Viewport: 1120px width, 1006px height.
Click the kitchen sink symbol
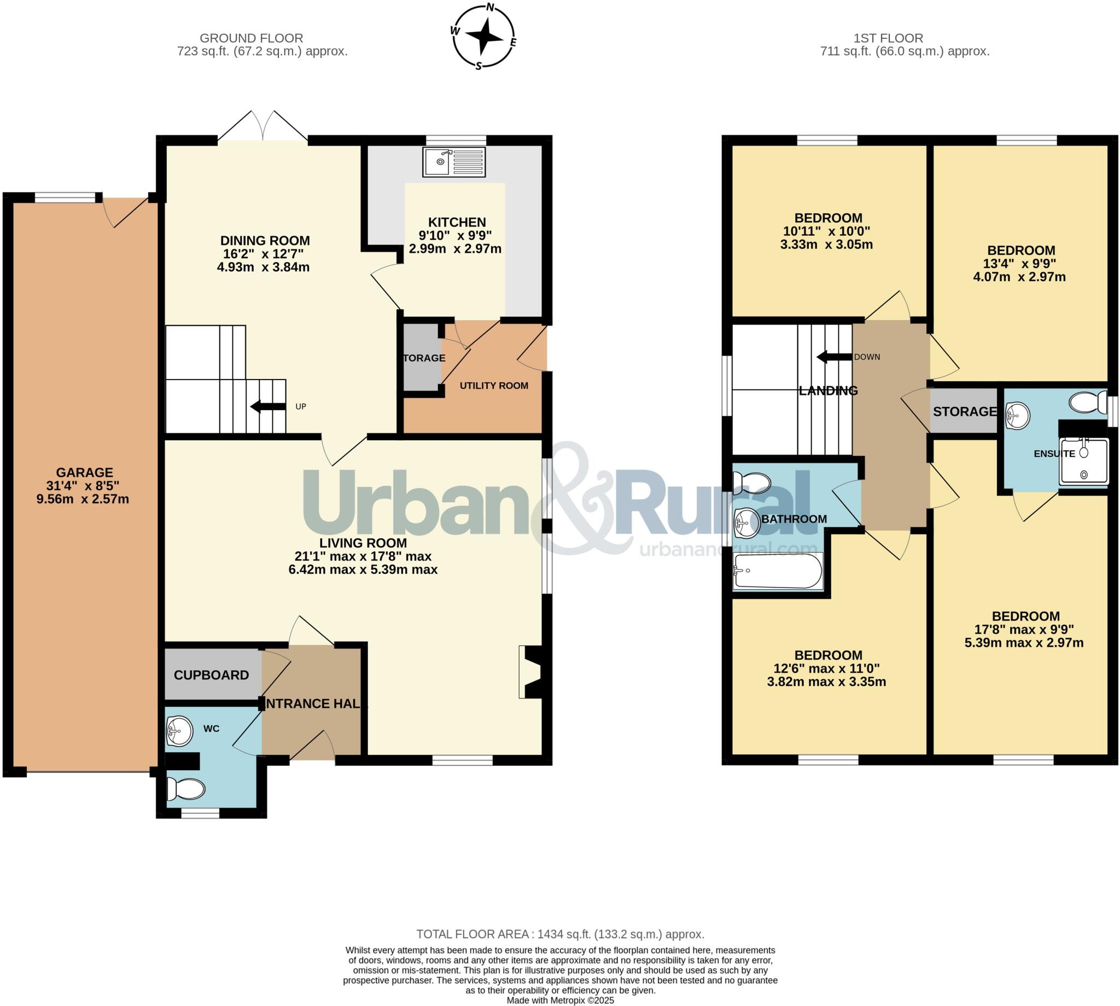click(454, 162)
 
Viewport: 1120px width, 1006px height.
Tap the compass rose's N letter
click(489, 8)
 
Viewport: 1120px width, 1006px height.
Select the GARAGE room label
click(85, 473)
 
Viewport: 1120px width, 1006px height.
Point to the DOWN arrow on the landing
click(834, 357)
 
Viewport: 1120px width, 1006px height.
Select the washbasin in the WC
click(179, 731)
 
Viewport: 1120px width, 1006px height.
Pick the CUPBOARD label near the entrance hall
click(211, 675)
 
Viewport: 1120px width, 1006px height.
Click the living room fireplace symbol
click(529, 672)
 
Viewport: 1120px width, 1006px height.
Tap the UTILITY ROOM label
click(494, 386)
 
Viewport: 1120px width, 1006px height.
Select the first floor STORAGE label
click(965, 411)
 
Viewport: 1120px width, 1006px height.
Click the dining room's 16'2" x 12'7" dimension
click(265, 254)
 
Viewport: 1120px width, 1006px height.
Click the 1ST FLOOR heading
click(888, 38)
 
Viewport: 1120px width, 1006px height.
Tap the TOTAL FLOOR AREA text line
click(559, 934)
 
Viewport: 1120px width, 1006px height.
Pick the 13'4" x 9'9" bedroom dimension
click(1021, 264)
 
